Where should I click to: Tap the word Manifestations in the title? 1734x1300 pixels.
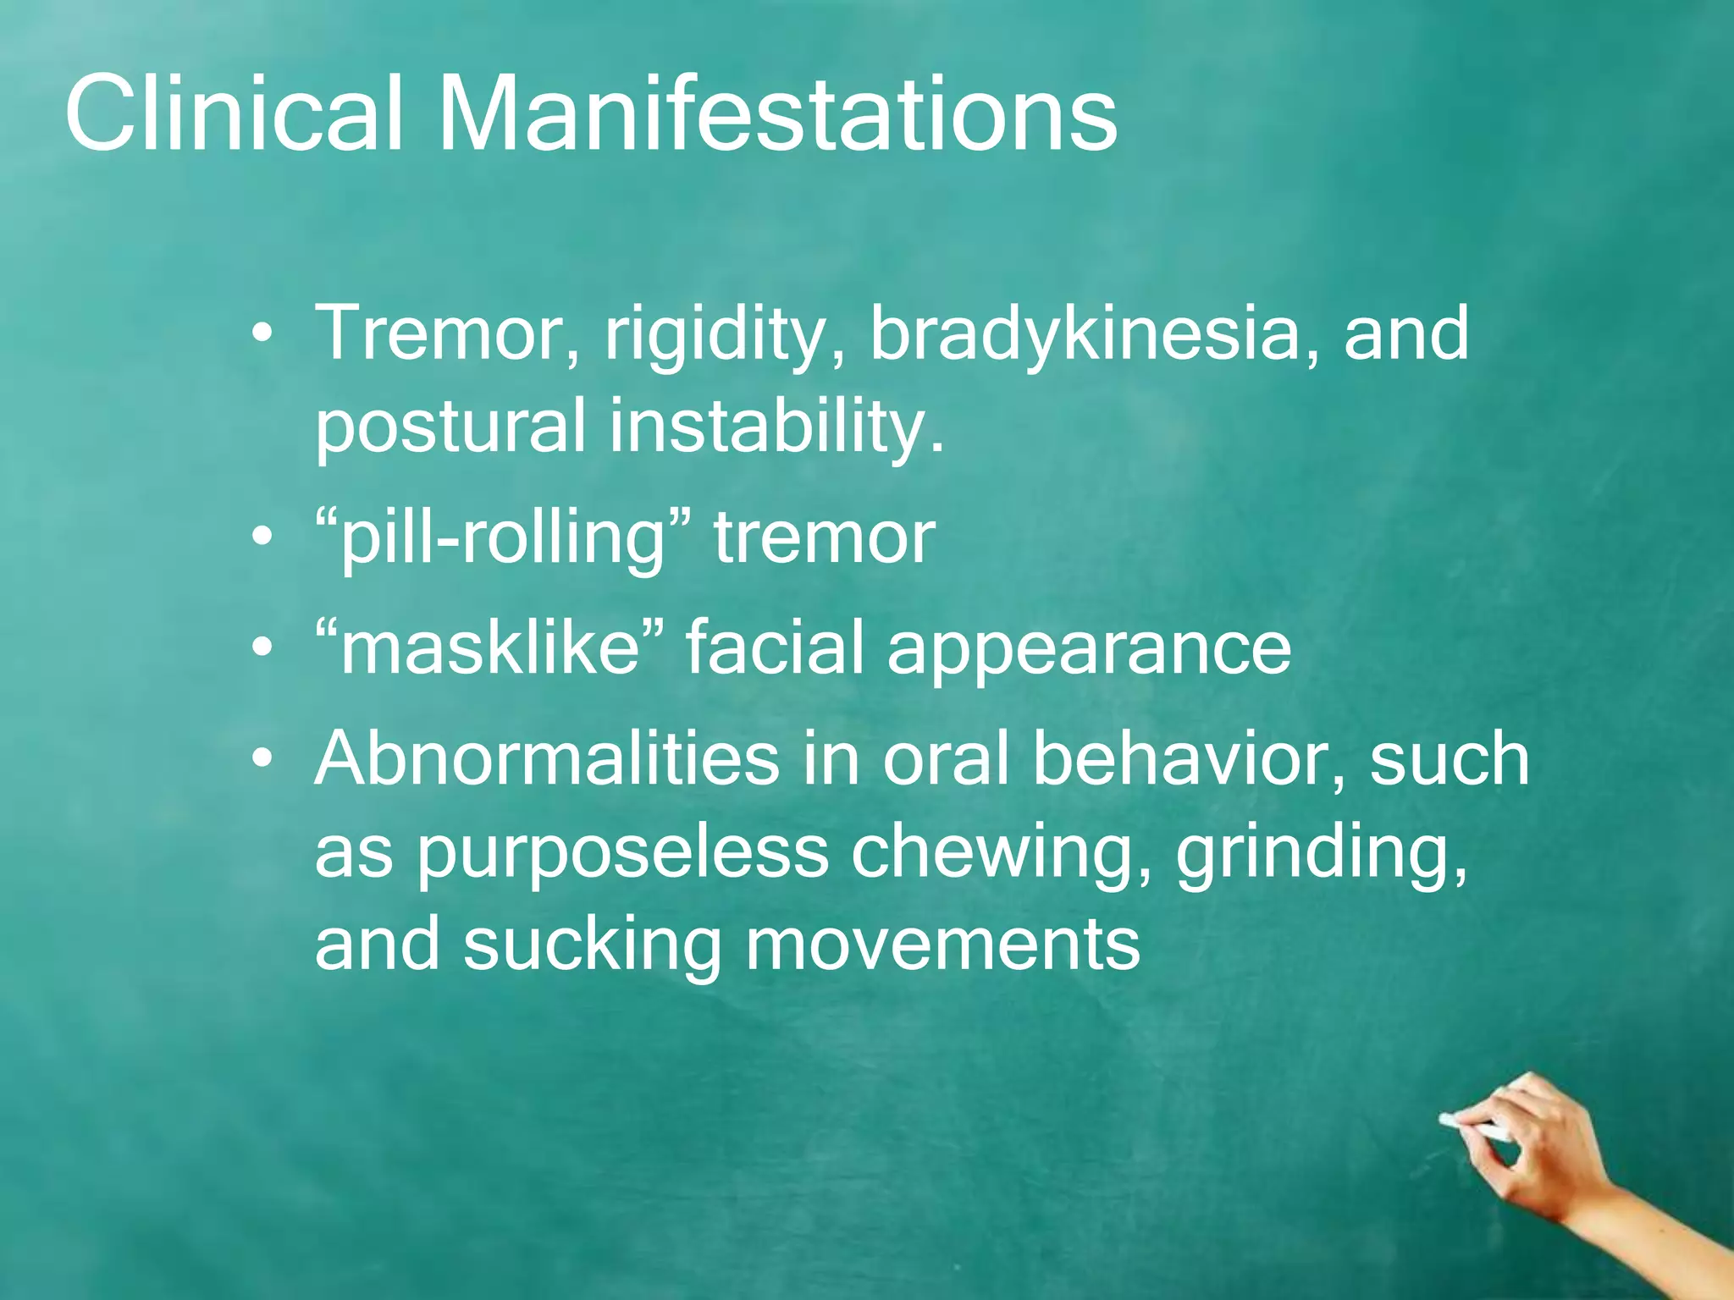coord(776,113)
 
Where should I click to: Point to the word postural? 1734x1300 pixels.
coord(450,426)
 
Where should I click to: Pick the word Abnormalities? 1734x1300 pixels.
coord(547,758)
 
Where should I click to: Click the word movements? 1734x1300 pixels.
coord(942,945)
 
